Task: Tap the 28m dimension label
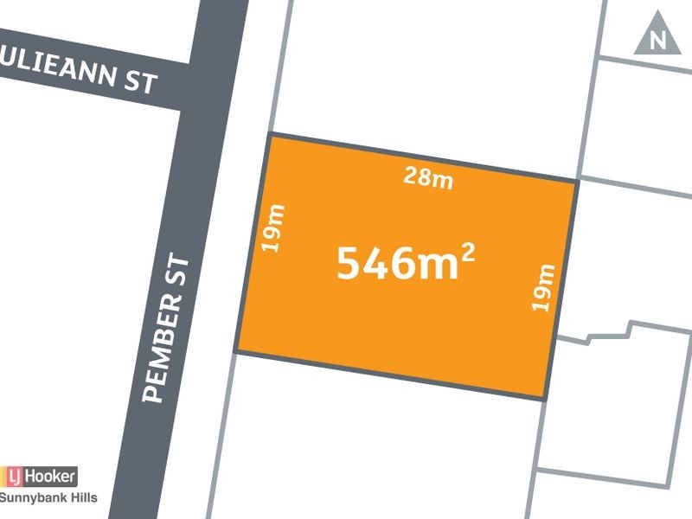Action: (428, 178)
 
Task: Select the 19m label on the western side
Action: (274, 227)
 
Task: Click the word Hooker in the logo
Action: (50, 476)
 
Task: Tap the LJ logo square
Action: (13, 476)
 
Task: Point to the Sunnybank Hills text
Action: (48, 497)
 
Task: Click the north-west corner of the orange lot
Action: (270, 134)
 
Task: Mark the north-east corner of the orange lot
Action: (576, 180)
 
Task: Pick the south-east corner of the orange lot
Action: (545, 399)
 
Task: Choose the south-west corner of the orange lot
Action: (237, 352)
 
